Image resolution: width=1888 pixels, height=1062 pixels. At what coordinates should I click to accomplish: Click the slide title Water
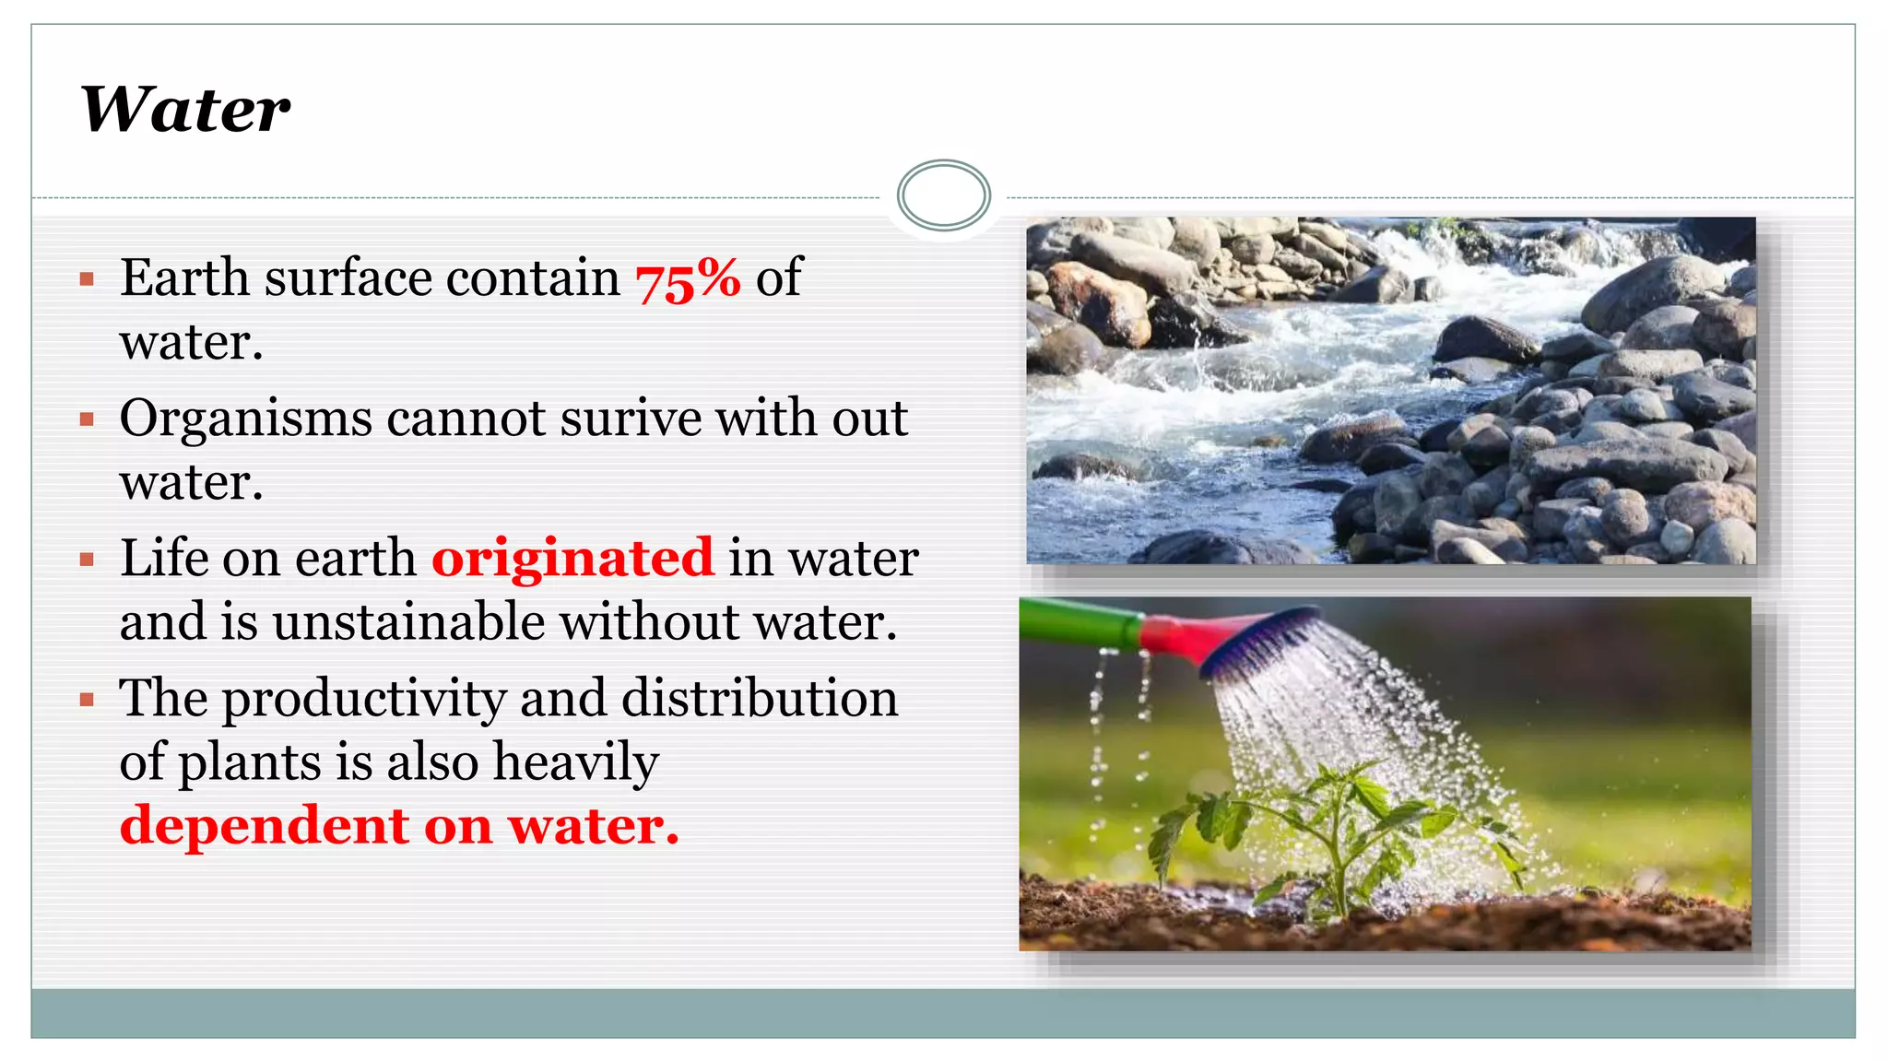[x=185, y=110]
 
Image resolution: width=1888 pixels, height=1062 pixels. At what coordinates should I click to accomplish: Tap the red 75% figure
[x=688, y=278]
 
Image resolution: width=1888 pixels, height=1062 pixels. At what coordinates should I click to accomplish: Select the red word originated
[x=572, y=558]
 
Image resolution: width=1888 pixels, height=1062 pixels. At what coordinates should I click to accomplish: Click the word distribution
[x=760, y=698]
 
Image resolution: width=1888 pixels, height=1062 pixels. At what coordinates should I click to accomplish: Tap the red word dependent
[x=264, y=826]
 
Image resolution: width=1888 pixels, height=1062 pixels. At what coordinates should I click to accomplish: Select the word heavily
[x=576, y=763]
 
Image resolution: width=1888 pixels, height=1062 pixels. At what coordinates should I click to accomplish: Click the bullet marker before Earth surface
[x=88, y=279]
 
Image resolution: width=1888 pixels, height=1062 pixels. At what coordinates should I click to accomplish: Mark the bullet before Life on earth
[x=88, y=560]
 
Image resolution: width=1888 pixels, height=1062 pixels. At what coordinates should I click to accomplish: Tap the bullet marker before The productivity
[x=88, y=700]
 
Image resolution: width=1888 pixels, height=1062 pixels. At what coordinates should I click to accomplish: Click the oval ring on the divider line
[x=943, y=195]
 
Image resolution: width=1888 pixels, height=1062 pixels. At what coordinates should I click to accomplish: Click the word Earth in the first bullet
[x=184, y=278]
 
